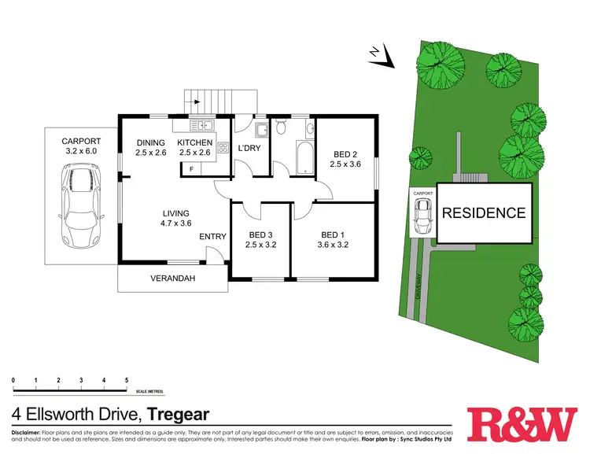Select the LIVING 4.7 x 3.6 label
pyautogui.click(x=176, y=217)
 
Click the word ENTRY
pyautogui.click(x=212, y=237)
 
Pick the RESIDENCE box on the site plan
pyautogui.click(x=483, y=212)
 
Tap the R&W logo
pyautogui.click(x=521, y=425)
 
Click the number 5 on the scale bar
pyautogui.click(x=126, y=380)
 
